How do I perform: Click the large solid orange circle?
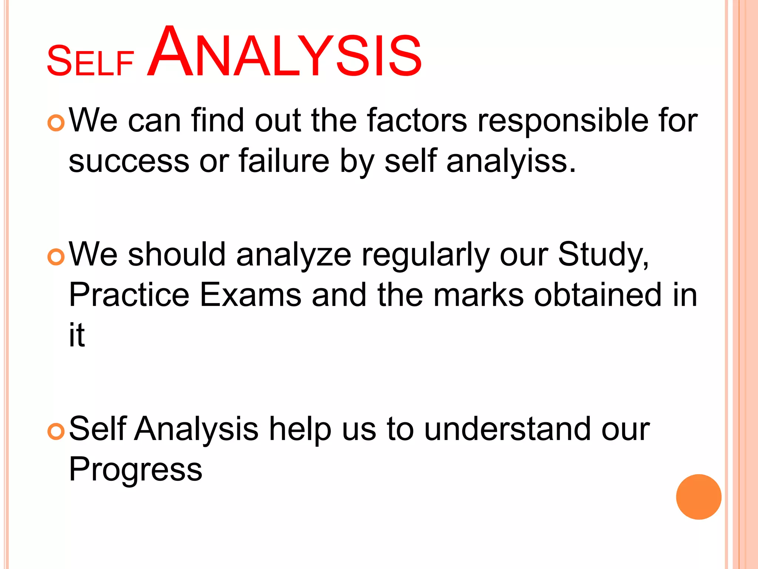pyautogui.click(x=698, y=497)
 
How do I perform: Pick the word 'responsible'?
pyautogui.click(x=563, y=122)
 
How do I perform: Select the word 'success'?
pyautogui.click(x=129, y=162)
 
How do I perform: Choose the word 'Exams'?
pyautogui.click(x=251, y=295)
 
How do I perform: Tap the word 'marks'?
pyautogui.click(x=479, y=295)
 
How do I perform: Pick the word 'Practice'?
pyautogui.click(x=129, y=295)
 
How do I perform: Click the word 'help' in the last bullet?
pyautogui.click(x=300, y=430)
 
